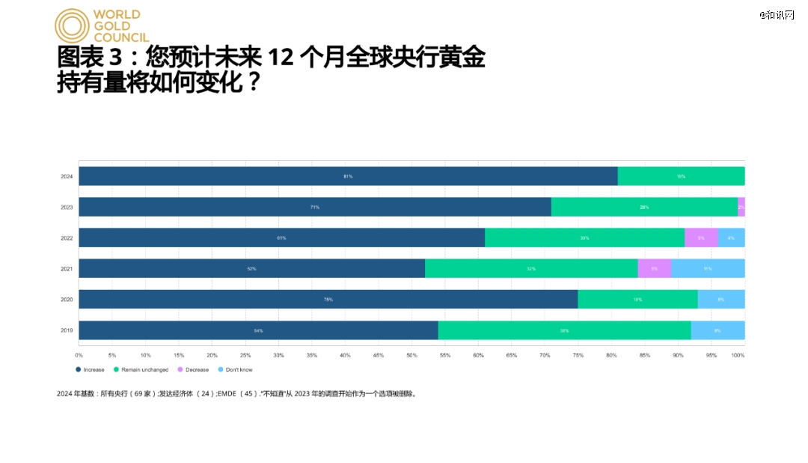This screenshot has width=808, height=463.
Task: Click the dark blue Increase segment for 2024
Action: pos(348,176)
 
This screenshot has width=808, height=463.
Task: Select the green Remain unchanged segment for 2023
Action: pos(644,207)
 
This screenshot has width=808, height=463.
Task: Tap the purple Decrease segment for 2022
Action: pos(701,237)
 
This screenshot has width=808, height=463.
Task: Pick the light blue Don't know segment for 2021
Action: pos(708,268)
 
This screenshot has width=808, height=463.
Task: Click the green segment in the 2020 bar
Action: pos(637,299)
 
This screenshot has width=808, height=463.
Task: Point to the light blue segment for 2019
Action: pos(717,330)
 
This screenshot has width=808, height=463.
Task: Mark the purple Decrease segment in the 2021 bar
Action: pos(655,268)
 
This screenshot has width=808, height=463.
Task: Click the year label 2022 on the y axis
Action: pos(67,237)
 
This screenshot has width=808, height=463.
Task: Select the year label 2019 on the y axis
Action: pos(67,330)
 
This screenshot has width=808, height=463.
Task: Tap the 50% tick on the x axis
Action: pos(411,355)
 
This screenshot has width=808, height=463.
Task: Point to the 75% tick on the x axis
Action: pos(578,355)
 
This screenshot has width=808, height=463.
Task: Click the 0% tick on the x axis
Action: pos(79,355)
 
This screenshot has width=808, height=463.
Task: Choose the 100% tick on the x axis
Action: pos(738,355)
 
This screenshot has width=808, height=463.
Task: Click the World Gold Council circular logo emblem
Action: pos(72,25)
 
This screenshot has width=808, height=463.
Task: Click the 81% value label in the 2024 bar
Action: pos(348,176)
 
